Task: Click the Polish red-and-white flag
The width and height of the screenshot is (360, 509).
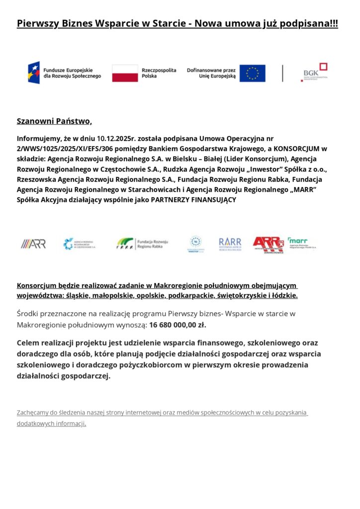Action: click(125, 73)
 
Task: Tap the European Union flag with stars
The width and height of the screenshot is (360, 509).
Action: click(252, 73)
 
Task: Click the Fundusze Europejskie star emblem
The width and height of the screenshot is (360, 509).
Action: click(34, 73)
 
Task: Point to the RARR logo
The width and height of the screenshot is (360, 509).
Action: click(230, 244)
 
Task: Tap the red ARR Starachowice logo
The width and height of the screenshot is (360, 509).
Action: click(268, 244)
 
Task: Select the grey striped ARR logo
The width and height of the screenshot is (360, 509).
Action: click(33, 244)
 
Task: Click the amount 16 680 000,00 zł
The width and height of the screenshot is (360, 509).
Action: click(178, 325)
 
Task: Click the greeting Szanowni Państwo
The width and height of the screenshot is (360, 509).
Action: click(54, 121)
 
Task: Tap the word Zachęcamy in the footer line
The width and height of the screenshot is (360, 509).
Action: click(34, 413)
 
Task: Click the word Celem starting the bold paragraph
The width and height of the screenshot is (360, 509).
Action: click(29, 342)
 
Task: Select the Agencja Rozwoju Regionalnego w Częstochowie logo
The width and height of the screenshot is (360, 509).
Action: click(80, 244)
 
